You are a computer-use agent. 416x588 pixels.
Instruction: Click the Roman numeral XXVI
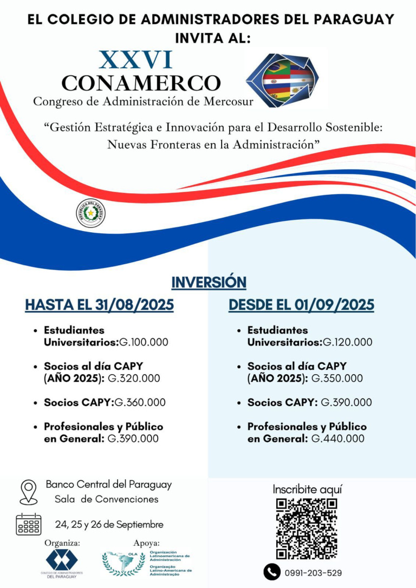[x=136, y=60]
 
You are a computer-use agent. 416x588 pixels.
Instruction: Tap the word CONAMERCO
[x=141, y=83]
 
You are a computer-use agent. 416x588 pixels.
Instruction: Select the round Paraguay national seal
[x=90, y=213]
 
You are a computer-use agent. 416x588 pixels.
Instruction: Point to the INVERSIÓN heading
[x=209, y=282]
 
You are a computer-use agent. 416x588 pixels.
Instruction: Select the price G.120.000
[x=347, y=342]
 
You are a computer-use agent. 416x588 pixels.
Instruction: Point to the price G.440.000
[x=338, y=439]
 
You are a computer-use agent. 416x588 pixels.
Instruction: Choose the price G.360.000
[x=140, y=403]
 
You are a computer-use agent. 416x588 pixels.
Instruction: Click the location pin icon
[x=28, y=492]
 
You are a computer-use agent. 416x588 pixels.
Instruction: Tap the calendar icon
[x=29, y=524]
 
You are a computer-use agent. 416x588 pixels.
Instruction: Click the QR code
[x=307, y=528]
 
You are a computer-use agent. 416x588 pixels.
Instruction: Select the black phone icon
[x=271, y=572]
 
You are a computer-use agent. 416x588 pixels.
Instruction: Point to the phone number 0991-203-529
[x=313, y=573]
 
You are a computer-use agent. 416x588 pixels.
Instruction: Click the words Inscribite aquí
[x=307, y=489]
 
